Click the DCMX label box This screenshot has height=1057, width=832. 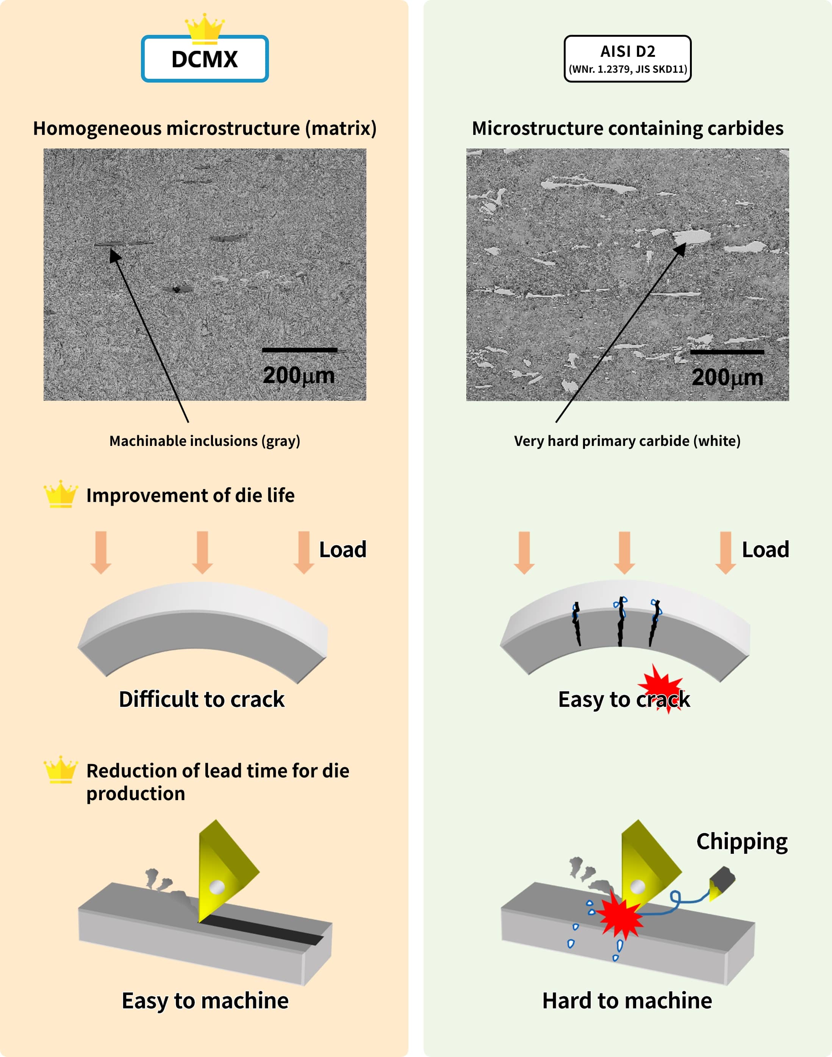(x=205, y=59)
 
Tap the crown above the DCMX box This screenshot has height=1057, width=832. (x=205, y=27)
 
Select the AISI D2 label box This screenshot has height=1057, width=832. (x=627, y=59)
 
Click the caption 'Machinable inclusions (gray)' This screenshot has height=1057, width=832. (x=205, y=441)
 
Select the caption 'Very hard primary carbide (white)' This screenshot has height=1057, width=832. (x=627, y=441)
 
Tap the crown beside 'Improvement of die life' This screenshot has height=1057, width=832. (x=60, y=494)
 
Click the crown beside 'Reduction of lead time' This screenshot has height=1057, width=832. (x=60, y=769)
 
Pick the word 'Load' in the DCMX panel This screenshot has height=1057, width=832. (x=342, y=549)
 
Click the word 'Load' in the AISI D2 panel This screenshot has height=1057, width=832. (x=765, y=549)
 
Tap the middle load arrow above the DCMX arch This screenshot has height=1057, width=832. (x=202, y=552)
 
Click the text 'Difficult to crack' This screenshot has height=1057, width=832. (x=202, y=699)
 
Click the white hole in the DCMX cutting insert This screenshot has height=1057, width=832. (x=217, y=887)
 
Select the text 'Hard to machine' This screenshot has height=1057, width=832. (x=627, y=1001)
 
